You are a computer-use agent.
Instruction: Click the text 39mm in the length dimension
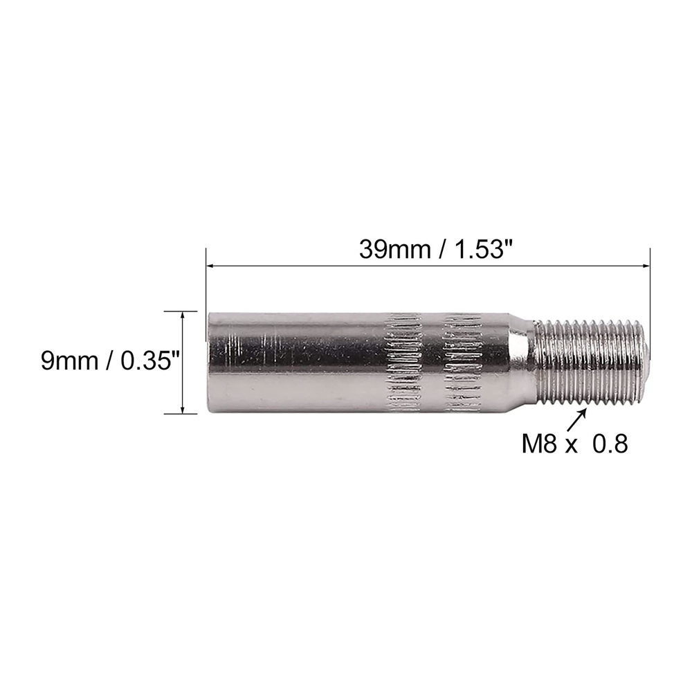[395, 250]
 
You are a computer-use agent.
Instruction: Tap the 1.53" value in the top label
[480, 250]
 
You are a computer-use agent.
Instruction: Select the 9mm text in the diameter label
[69, 361]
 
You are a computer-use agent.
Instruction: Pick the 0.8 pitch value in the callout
[610, 444]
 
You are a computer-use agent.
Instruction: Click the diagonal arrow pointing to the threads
[576, 419]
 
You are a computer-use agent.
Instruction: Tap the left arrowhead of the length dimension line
[210, 266]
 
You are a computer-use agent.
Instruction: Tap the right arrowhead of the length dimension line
[646, 266]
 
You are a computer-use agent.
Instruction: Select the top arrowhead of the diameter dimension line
[183, 315]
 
